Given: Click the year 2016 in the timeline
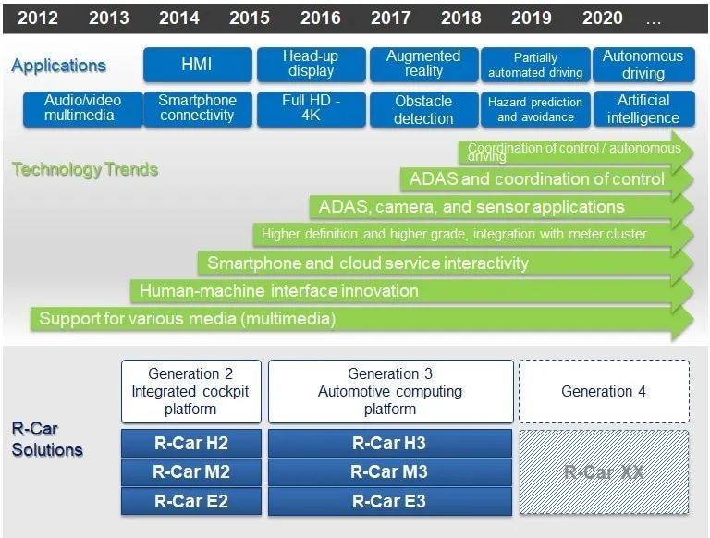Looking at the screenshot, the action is [320, 18].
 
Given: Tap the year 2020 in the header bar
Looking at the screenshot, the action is [602, 18].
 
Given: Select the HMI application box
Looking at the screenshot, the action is [198, 65].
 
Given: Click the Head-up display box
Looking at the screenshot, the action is [311, 65].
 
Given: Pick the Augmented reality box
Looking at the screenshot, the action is [423, 65].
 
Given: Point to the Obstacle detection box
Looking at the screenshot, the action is [423, 110].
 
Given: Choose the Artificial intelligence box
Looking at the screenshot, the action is [643, 109].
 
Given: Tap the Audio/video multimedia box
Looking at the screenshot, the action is [83, 109].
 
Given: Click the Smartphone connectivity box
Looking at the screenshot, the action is [198, 109].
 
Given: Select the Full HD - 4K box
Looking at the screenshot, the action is [311, 109].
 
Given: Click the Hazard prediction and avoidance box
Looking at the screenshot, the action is [535, 110].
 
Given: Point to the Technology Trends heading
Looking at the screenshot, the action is [85, 169].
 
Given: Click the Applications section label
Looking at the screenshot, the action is [59, 66].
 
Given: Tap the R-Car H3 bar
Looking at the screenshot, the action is [390, 443].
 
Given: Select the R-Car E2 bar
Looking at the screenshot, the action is [191, 501].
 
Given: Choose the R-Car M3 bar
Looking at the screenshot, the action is [390, 471].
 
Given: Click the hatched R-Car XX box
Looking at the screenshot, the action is [605, 472].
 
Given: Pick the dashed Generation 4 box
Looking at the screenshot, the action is [605, 391].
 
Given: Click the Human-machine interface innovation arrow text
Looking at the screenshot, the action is [279, 291].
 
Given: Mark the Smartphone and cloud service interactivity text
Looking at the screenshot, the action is [368, 263].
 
